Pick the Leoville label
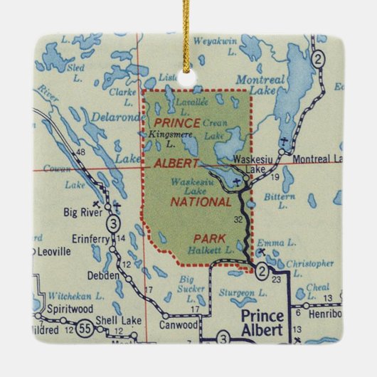point(51,251)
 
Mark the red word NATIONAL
point(200,202)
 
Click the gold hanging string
point(188,36)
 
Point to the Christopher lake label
point(309,264)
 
